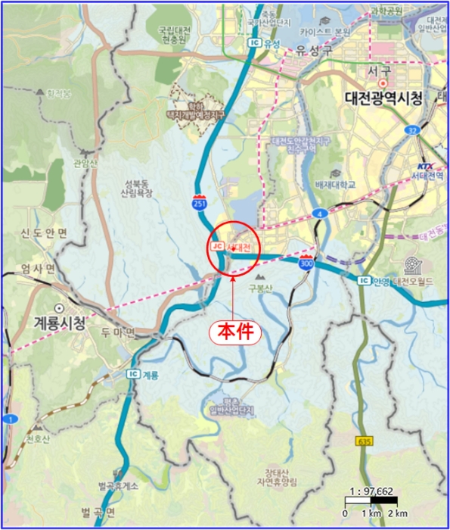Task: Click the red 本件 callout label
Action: (233, 332)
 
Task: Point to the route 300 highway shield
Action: (306, 264)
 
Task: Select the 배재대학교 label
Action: (336, 184)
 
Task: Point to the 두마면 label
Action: (118, 332)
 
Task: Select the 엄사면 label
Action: (38, 269)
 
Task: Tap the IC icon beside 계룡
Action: (133, 373)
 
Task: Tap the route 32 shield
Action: (413, 129)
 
